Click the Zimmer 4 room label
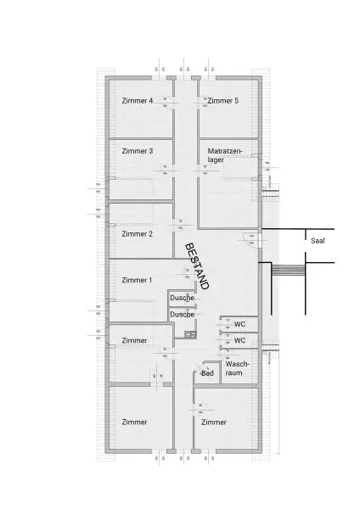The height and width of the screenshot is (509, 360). (138, 100)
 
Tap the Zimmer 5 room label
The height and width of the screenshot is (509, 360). (224, 100)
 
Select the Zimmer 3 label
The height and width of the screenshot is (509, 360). (138, 151)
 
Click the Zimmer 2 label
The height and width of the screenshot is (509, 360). (138, 233)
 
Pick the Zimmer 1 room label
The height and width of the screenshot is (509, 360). (138, 280)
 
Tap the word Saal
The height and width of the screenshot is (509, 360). (318, 240)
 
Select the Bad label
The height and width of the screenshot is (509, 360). (207, 372)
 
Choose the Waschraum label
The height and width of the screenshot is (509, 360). (239, 367)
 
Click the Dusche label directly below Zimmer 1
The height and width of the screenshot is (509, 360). (182, 299)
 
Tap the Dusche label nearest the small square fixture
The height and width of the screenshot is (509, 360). (182, 315)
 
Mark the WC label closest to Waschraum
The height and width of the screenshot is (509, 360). (239, 341)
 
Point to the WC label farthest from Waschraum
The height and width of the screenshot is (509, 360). (239, 325)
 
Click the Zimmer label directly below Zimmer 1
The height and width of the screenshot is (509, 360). (134, 340)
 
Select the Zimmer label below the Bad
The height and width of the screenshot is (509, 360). (214, 422)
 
